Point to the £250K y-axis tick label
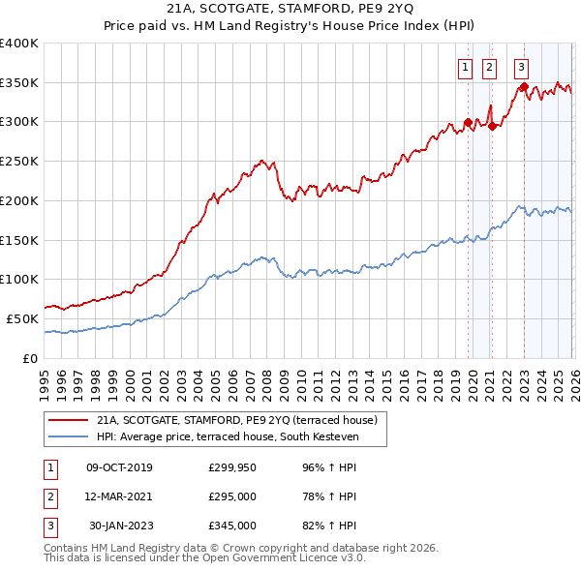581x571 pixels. tap(19, 161)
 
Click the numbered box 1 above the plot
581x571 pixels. tap(466, 68)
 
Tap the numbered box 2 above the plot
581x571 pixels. tap(489, 68)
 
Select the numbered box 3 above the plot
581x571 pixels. tap(522, 68)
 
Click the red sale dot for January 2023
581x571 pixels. tap(524, 86)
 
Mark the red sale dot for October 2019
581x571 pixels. tap(468, 122)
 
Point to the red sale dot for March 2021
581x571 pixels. tap(492, 125)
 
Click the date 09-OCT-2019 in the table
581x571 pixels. tap(119, 466)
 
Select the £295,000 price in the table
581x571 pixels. tap(232, 496)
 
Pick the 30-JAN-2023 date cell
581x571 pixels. tap(121, 526)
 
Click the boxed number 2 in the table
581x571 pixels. tap(48, 496)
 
